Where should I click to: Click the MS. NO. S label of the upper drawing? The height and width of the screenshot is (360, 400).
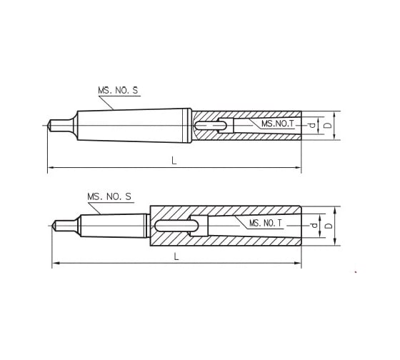point(117,91)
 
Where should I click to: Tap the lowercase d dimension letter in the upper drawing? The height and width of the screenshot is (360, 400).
point(312,125)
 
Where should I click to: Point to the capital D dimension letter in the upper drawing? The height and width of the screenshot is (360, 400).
point(328,125)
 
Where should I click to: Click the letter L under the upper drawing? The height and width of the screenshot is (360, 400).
point(174,161)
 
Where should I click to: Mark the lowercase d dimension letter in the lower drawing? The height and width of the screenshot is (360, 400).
point(314,226)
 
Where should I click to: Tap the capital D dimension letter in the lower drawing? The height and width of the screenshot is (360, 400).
point(329,226)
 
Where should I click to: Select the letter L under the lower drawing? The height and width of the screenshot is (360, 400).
point(176,257)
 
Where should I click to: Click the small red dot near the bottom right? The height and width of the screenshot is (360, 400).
point(356,273)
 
